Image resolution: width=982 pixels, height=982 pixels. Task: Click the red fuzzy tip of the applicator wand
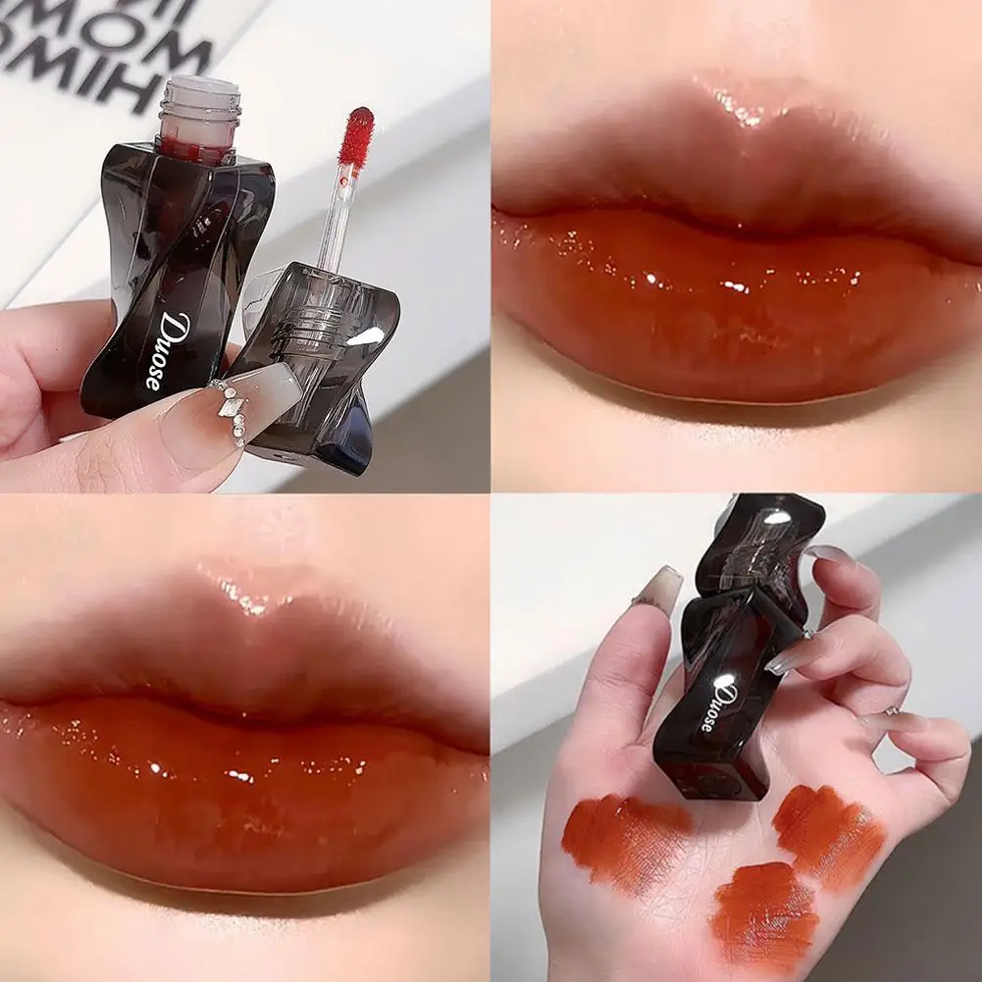click(x=360, y=135)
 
